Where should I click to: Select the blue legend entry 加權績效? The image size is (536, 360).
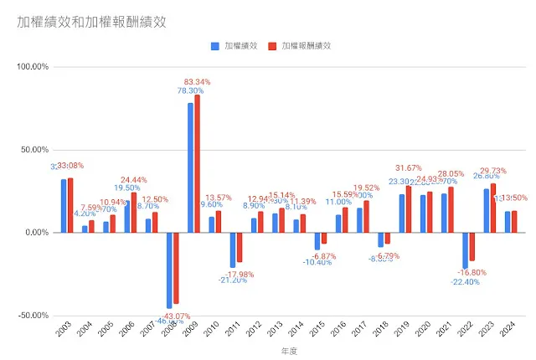[234, 47]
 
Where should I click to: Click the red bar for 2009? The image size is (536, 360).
[198, 163]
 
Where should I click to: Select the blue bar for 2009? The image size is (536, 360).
[190, 167]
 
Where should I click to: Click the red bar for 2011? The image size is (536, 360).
[240, 248]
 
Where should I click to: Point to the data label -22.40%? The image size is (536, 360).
[465, 281]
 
